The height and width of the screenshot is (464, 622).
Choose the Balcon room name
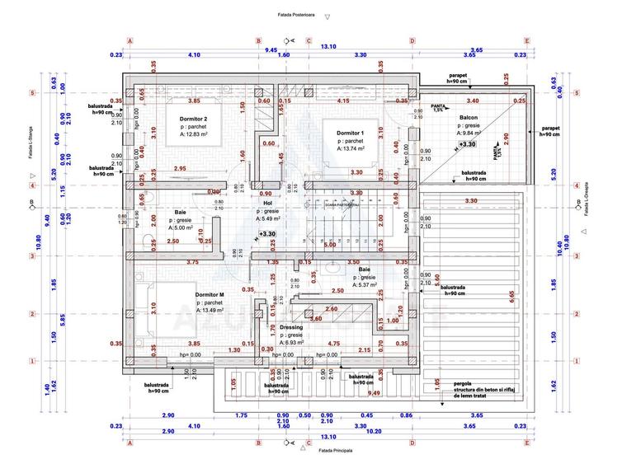click(x=470, y=118)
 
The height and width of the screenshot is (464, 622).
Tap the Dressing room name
click(x=291, y=327)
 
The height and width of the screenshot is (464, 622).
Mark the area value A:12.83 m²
click(x=191, y=137)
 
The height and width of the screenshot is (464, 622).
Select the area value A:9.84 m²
click(x=470, y=133)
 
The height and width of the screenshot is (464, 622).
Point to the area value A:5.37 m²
click(x=364, y=286)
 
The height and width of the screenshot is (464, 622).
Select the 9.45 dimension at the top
click(x=271, y=49)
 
